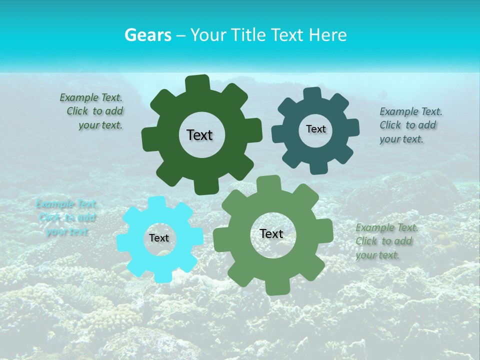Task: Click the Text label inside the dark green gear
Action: tap(199, 135)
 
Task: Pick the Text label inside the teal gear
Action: tap(315, 129)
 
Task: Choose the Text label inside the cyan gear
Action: tap(159, 238)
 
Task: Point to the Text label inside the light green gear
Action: tap(271, 233)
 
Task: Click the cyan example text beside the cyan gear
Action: tap(66, 218)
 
